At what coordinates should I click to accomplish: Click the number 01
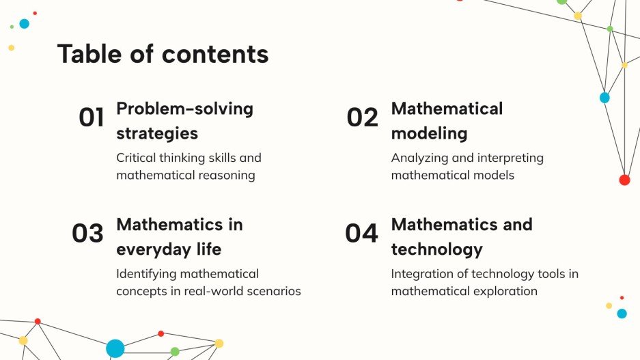click(92, 117)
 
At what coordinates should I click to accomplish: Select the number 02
click(362, 117)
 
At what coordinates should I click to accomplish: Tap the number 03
click(87, 234)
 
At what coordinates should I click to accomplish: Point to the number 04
click(361, 234)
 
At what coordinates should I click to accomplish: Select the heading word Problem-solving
click(184, 109)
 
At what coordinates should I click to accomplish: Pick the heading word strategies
click(157, 133)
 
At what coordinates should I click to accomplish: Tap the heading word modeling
click(429, 133)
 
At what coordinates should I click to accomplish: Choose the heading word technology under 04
click(436, 249)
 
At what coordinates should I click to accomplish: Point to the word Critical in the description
click(136, 158)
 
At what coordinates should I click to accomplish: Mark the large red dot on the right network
click(624, 180)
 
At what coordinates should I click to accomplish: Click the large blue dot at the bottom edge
click(115, 348)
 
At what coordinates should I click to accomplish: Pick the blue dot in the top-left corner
click(25, 24)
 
